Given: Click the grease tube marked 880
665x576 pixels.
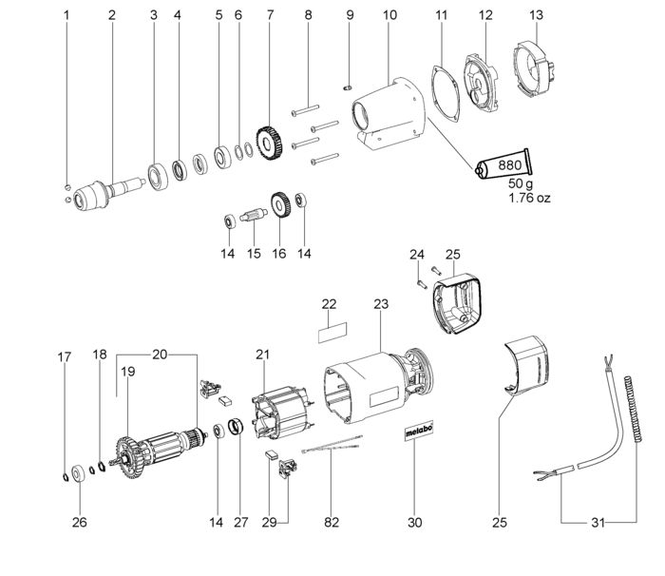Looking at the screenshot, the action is click(503, 164).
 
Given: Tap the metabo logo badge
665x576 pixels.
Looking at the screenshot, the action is click(419, 431).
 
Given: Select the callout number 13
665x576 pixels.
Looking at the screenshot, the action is click(536, 15).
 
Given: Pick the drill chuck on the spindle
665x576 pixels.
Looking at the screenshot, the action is click(89, 195).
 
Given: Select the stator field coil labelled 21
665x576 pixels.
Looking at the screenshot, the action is click(282, 413).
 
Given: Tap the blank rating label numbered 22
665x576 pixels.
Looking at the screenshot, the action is click(332, 333).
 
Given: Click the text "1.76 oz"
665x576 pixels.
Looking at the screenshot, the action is click(529, 198).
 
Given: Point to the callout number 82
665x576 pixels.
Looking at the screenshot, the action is click(332, 522).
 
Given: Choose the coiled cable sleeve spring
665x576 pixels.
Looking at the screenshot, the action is click(633, 409).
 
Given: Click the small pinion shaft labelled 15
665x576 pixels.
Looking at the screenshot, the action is click(254, 215).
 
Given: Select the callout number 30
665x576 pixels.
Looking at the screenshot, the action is click(414, 522).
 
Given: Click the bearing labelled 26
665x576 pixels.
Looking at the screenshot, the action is click(79, 473).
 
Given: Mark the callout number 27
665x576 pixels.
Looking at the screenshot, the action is click(241, 522).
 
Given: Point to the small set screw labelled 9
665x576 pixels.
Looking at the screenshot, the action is click(347, 87).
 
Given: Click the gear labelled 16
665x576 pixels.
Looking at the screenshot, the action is click(280, 206).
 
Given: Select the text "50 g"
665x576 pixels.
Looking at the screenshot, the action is click(521, 184).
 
